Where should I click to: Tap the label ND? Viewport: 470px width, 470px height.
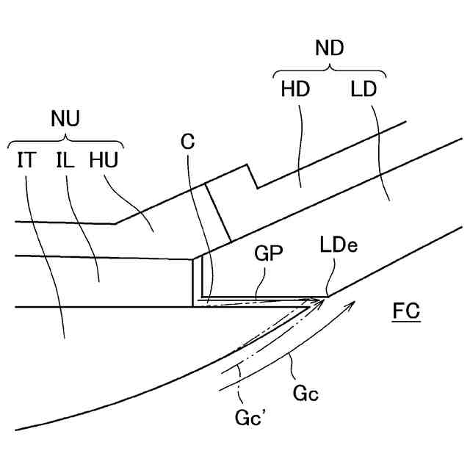pyautogui.click(x=330, y=49)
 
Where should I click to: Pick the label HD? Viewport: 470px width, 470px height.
pyautogui.click(x=295, y=90)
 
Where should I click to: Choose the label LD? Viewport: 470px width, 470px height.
pyautogui.click(x=364, y=90)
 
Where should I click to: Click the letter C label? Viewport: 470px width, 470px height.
pyautogui.click(x=188, y=141)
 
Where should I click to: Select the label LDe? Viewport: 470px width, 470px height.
pyautogui.click(x=339, y=245)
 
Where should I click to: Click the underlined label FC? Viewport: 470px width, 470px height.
pyautogui.click(x=405, y=311)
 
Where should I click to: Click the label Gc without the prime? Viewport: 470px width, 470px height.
pyautogui.click(x=305, y=394)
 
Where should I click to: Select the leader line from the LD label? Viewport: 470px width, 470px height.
pyautogui.click(x=380, y=147)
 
